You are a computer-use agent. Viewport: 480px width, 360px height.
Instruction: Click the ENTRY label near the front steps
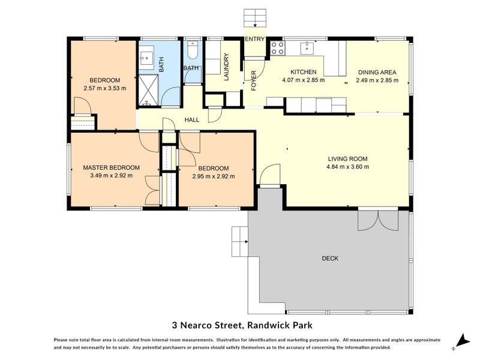tap(254, 40)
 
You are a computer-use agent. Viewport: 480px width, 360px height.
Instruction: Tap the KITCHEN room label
tap(303, 72)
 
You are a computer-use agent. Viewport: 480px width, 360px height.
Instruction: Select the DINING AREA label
tap(376, 72)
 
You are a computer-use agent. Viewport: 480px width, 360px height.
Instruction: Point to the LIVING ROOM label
tap(347, 159)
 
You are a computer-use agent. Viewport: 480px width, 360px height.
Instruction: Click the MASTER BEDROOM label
tap(111, 167)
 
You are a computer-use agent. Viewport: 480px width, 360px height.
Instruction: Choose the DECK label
tap(330, 259)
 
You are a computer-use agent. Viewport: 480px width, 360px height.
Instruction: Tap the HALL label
tap(192, 120)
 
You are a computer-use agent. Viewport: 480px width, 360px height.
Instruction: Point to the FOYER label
tap(254, 80)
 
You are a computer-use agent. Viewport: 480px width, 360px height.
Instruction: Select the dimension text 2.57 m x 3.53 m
tap(105, 89)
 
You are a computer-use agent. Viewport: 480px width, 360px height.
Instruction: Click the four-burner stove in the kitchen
tap(277, 48)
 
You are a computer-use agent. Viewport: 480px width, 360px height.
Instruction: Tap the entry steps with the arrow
tap(255, 18)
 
